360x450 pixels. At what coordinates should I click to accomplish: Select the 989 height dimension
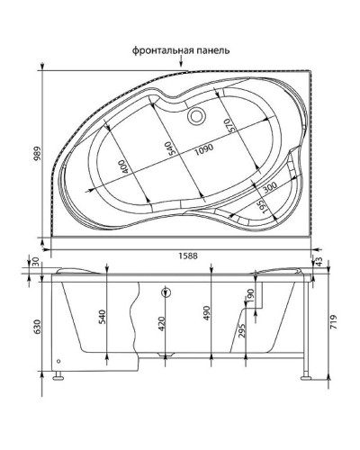point(33,155)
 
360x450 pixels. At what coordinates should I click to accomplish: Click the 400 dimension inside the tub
point(121,166)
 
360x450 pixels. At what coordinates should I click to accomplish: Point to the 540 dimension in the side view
point(101,317)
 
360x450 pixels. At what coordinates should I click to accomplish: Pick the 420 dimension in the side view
point(162,324)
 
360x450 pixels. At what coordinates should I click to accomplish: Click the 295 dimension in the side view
point(240,332)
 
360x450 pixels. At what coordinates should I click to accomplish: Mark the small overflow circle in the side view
point(166,292)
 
